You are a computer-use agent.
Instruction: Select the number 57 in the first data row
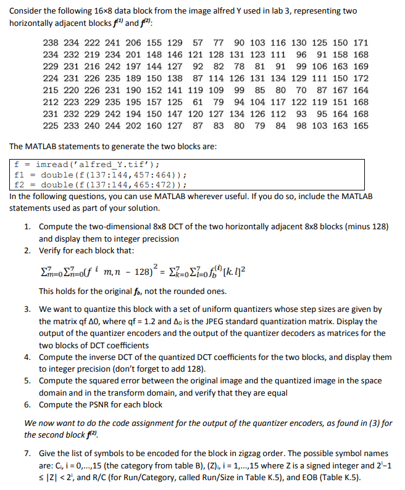point(198,43)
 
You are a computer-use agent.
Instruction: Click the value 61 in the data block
point(198,102)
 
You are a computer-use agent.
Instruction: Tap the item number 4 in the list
point(28,357)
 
